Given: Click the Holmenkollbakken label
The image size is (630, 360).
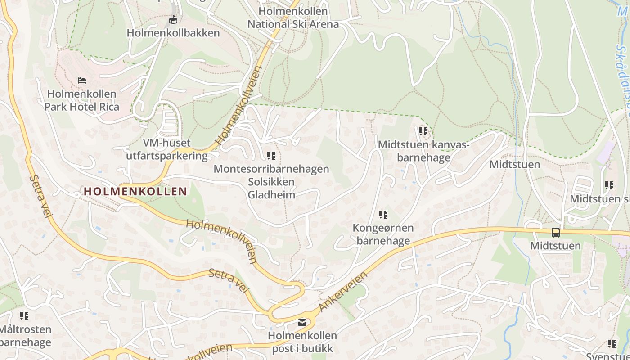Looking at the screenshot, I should (173, 33).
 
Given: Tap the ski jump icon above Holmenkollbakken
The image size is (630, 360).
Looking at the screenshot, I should (173, 20).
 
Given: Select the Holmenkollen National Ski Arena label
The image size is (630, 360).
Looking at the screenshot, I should (293, 18).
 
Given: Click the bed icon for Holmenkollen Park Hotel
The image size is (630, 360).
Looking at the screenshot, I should (82, 81).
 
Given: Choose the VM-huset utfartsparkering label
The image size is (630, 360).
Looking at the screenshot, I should (166, 149).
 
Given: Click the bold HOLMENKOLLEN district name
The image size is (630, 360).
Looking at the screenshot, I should (135, 191).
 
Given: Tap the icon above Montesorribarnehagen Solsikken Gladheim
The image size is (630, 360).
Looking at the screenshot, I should (271, 156).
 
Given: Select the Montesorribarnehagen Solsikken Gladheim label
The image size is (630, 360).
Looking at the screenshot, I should (271, 182).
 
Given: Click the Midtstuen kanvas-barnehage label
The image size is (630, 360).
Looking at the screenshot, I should (423, 151).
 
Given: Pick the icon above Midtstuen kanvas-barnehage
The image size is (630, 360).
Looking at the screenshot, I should (423, 131).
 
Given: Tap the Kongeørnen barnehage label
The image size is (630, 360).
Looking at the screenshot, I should (383, 234).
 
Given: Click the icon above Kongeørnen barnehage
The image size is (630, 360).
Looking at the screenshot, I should (383, 215).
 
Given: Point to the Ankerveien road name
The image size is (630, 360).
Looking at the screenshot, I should (343, 291).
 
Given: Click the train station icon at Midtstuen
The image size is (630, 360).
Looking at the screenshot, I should (556, 233).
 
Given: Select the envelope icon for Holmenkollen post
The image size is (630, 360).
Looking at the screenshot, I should (302, 322).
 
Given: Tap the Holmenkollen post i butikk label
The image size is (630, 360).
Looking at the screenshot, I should (302, 342).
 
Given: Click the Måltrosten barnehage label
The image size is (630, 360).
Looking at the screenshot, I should (25, 336).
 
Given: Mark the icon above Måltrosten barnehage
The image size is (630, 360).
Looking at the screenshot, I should (24, 316).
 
